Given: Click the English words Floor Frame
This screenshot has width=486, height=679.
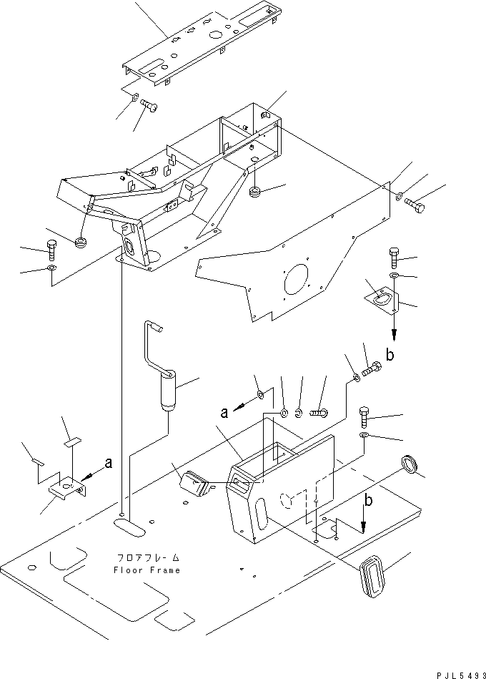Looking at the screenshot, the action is pyautogui.click(x=147, y=570).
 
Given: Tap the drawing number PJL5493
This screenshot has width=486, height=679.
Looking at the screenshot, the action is pyautogui.click(x=461, y=675).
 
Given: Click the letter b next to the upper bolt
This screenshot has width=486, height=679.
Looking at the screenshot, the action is pyautogui.click(x=390, y=355).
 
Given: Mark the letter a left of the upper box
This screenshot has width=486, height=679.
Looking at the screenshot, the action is pyautogui.click(x=224, y=413).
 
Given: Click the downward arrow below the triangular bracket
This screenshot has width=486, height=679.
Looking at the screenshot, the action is pyautogui.click(x=394, y=325).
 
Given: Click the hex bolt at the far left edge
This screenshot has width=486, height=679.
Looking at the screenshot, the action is pyautogui.click(x=51, y=250).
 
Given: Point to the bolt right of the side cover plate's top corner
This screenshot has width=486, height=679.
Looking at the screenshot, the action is pyautogui.click(x=415, y=205).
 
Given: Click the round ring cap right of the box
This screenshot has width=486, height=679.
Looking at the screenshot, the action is pyautogui.click(x=410, y=464).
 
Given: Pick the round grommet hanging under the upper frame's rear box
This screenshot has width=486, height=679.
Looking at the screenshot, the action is pyautogui.click(x=256, y=191).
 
